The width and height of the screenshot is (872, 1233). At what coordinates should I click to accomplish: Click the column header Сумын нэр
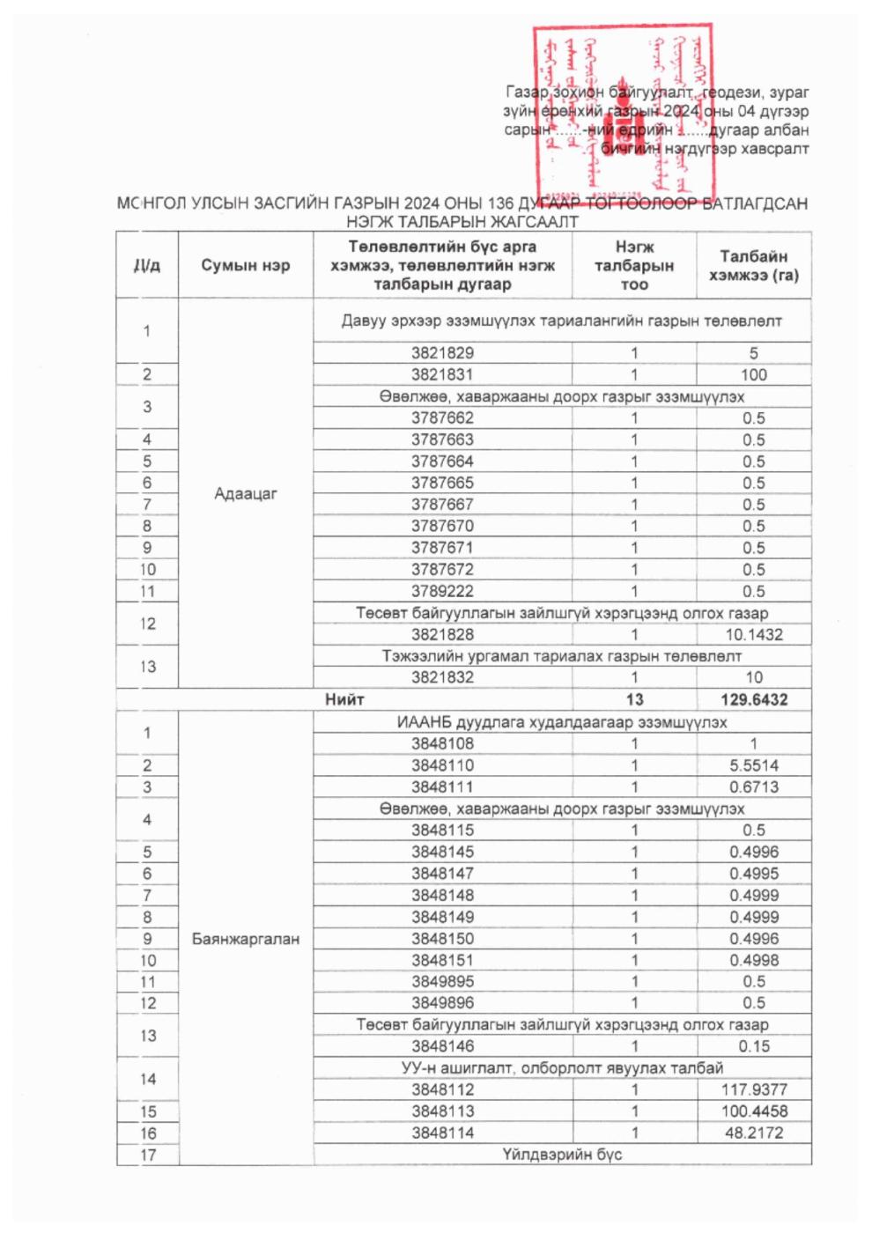(x=245, y=265)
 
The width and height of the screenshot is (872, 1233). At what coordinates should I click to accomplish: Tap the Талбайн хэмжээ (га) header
(x=753, y=265)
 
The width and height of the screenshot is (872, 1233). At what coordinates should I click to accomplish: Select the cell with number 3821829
(x=442, y=353)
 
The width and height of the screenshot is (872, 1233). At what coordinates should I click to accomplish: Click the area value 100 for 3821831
(x=753, y=374)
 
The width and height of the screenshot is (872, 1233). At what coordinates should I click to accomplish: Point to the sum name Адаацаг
(x=245, y=493)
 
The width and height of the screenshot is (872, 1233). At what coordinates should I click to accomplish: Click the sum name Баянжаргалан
(x=245, y=939)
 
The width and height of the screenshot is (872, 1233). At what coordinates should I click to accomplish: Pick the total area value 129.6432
(x=753, y=699)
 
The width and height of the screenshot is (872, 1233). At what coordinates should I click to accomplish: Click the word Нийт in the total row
(x=344, y=699)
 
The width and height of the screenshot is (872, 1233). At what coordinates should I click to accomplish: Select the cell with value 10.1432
(x=753, y=634)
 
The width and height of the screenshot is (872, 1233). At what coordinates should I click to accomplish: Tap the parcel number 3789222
(x=442, y=591)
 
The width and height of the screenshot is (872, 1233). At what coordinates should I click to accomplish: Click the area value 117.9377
(x=753, y=1089)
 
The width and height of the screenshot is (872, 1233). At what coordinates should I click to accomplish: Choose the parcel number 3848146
(x=442, y=1046)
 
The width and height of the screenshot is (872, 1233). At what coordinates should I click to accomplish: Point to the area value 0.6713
(x=753, y=786)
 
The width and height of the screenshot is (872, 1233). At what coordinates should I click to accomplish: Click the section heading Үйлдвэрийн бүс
(x=562, y=1155)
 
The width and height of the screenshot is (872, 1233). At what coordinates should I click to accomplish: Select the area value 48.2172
(x=753, y=1133)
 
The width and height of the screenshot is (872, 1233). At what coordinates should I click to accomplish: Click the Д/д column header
(x=146, y=265)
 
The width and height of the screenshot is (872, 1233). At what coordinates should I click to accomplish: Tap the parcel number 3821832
(x=442, y=677)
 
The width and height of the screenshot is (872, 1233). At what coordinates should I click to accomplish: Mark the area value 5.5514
(x=753, y=765)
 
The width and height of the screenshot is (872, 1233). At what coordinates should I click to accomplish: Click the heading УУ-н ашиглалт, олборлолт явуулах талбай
(x=562, y=1068)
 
